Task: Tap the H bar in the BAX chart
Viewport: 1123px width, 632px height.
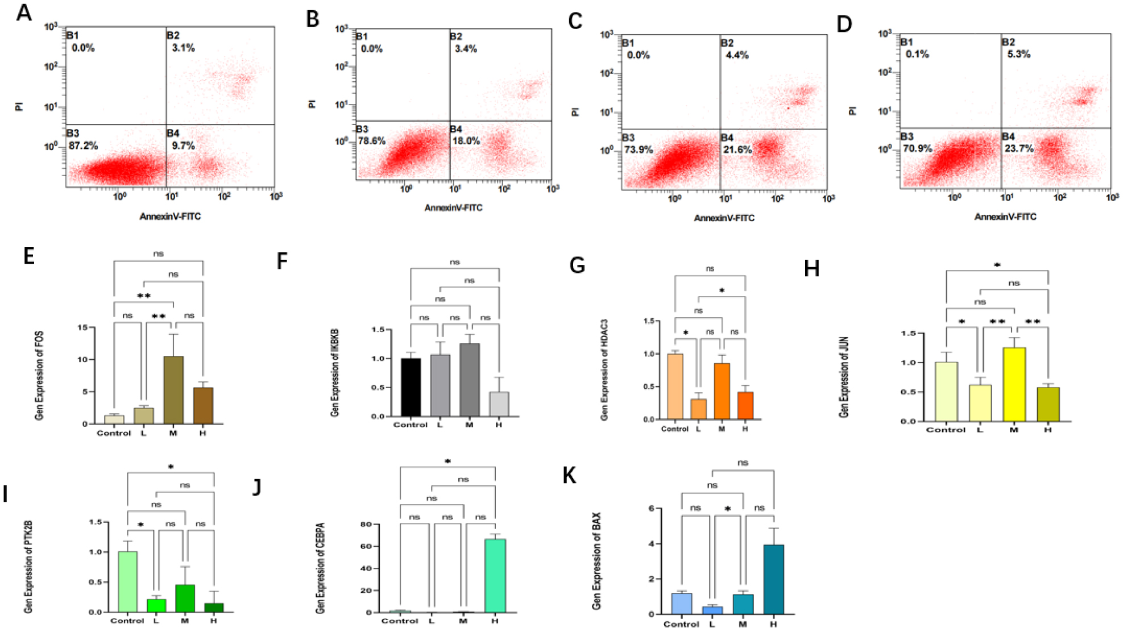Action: [x=773, y=579]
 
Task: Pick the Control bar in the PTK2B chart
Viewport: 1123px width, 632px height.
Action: [x=127, y=581]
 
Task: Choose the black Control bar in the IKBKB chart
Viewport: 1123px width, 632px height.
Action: [x=410, y=387]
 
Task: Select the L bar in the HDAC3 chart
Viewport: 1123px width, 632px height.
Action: [x=698, y=409]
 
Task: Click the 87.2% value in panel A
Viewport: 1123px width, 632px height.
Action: [x=83, y=146]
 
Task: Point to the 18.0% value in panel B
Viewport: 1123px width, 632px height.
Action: [x=466, y=141]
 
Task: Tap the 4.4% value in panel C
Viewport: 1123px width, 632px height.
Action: [x=737, y=56]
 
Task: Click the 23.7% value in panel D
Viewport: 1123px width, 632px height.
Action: [x=1018, y=149]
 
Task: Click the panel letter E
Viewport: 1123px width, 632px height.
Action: [x=29, y=256]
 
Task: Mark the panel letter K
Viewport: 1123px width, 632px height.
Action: [x=569, y=476]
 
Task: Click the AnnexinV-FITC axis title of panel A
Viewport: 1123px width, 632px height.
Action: [x=170, y=217]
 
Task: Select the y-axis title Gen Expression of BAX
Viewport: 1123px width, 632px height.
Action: [x=596, y=561]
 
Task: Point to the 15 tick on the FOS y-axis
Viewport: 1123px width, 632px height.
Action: [x=83, y=327]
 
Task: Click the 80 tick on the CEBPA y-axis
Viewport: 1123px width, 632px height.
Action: [x=366, y=524]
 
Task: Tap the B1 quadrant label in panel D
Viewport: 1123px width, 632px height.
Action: [x=906, y=42]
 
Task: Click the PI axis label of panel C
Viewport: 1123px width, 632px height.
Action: [x=575, y=112]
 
